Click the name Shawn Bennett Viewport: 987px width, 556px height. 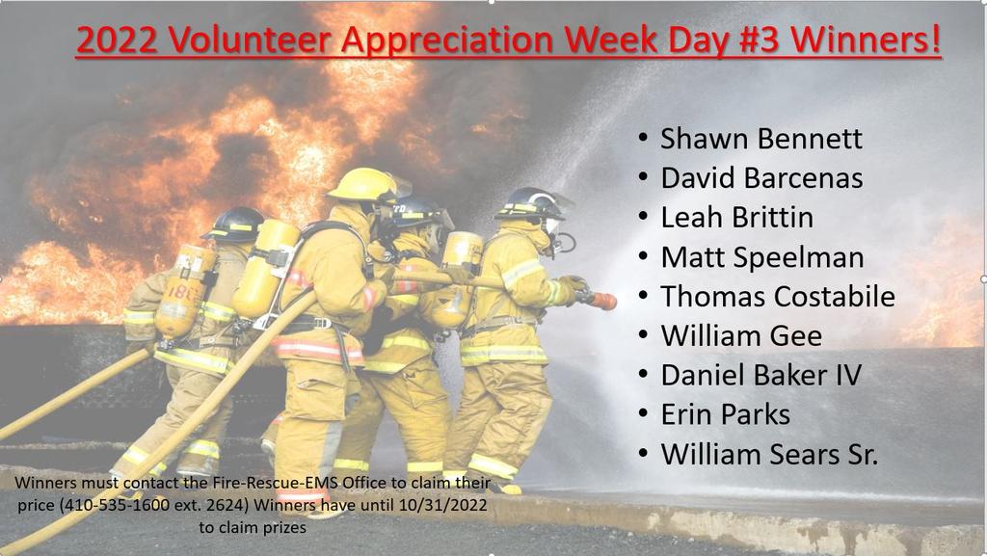(761, 139)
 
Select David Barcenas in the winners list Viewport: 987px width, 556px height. (761, 178)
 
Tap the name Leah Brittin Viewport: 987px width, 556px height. (737, 218)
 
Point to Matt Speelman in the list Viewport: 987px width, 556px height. (762, 257)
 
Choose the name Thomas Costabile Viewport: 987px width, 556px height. (778, 296)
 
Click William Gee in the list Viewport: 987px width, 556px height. (741, 336)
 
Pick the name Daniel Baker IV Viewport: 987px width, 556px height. (761, 376)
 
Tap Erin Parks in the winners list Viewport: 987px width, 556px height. (726, 414)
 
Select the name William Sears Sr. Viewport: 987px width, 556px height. (769, 454)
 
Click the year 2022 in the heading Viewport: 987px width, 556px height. (117, 39)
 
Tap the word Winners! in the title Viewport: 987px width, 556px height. (866, 39)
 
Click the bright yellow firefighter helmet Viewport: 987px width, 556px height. (363, 185)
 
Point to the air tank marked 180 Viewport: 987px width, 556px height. (184, 292)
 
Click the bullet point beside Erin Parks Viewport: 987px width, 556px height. (643, 413)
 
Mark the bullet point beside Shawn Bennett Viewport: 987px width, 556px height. (643, 137)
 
